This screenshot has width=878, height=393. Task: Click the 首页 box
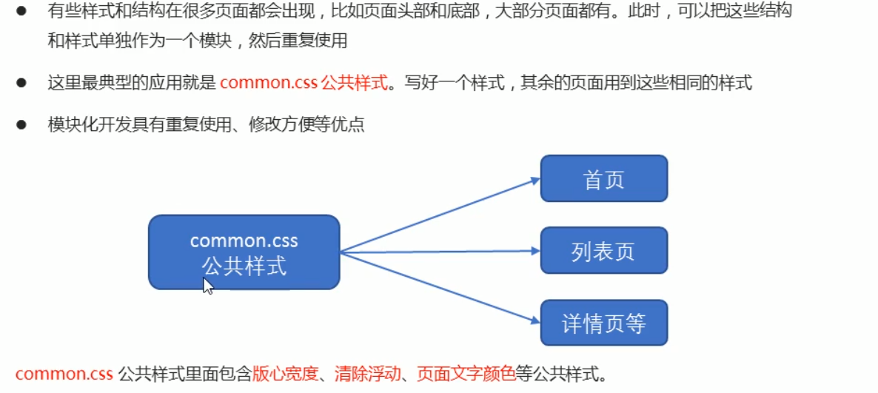pyautogui.click(x=603, y=178)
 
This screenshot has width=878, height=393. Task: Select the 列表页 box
pyautogui.click(x=603, y=250)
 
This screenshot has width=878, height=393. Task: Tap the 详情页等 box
pyautogui.click(x=603, y=323)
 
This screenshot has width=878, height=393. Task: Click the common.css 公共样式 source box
pyautogui.click(x=244, y=252)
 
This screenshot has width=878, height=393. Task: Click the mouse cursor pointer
pyautogui.click(x=207, y=286)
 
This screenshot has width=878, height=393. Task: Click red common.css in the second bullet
pyautogui.click(x=268, y=82)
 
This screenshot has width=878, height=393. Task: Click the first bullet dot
pyautogui.click(x=21, y=13)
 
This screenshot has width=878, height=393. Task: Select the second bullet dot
pyautogui.click(x=21, y=82)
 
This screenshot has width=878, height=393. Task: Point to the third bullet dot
pyautogui.click(x=21, y=124)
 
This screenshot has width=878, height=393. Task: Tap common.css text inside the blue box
pyautogui.click(x=244, y=241)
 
